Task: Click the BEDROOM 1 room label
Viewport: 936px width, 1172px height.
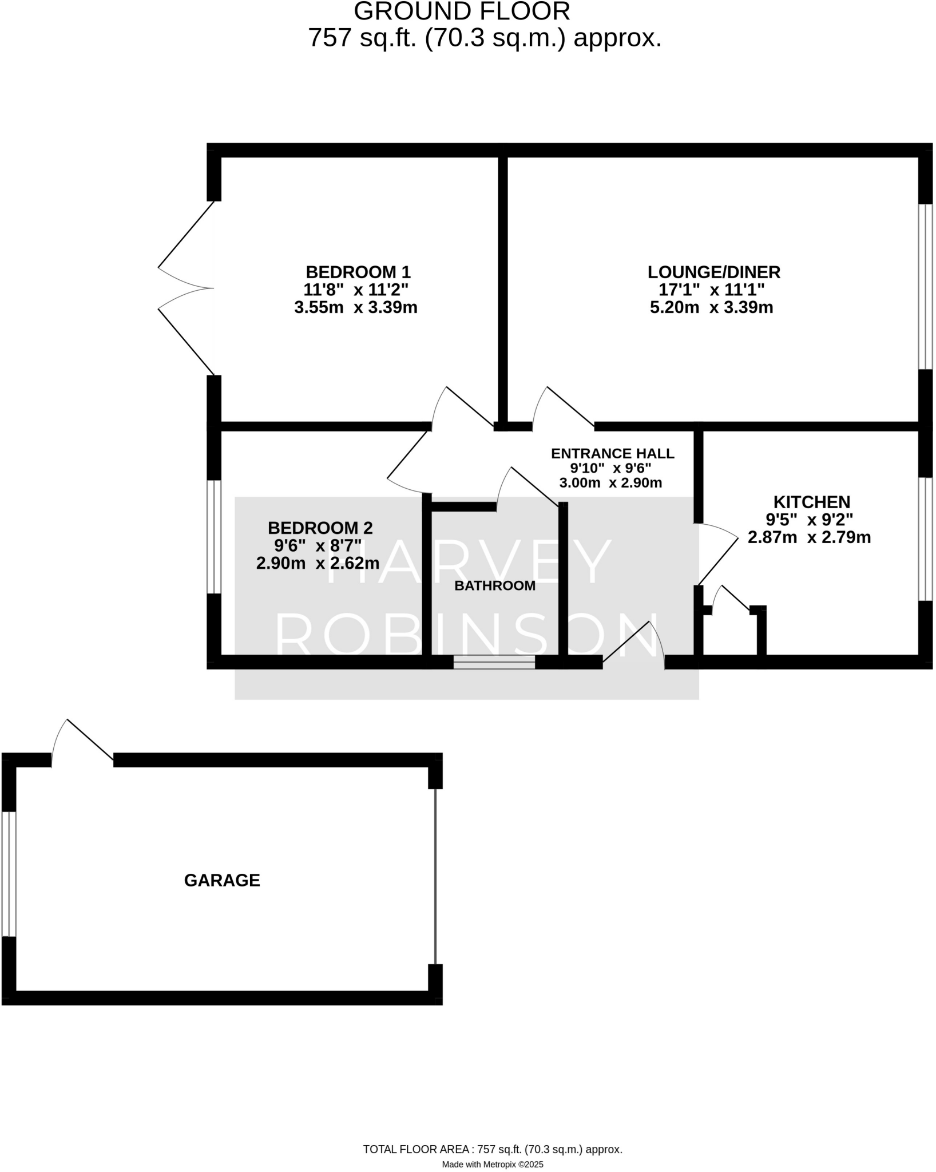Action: tap(358, 272)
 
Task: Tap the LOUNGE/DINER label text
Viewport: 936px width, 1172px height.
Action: tap(713, 272)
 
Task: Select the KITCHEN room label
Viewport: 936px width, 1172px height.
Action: tap(811, 502)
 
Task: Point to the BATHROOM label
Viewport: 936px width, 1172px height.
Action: tap(495, 585)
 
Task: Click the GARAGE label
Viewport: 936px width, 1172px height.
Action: tap(222, 880)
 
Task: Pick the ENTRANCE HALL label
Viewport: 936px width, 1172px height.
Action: tap(612, 453)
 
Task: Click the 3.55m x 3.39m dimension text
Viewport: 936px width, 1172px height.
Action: tap(355, 308)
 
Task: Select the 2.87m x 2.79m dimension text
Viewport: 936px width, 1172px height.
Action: tap(809, 537)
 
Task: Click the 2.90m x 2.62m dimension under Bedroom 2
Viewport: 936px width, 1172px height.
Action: tap(318, 563)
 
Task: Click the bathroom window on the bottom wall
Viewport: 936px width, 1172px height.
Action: tap(494, 662)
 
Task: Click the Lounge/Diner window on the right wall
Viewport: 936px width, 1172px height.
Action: tap(925, 286)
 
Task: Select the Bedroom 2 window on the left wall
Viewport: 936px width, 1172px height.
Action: tap(213, 536)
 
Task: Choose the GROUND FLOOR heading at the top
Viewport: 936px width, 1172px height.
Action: tap(462, 11)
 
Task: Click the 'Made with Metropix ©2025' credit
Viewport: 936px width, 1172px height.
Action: tap(492, 1164)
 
